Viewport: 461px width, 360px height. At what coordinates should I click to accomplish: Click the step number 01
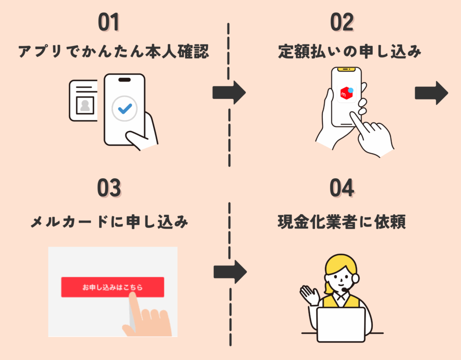click(x=108, y=23)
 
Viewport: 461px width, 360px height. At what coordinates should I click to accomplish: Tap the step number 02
click(x=342, y=23)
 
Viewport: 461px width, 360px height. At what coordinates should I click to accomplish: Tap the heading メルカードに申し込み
click(x=109, y=222)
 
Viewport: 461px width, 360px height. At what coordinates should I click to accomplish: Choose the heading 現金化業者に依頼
click(x=342, y=222)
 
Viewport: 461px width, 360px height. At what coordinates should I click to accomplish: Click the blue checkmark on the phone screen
click(x=125, y=108)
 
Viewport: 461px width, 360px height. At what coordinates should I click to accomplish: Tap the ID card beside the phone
click(x=84, y=100)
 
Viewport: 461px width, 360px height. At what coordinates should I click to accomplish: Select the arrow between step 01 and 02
click(x=229, y=93)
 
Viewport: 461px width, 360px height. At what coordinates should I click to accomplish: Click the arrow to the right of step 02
click(x=431, y=93)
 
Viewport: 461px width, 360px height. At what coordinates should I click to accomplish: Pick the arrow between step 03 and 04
click(x=230, y=271)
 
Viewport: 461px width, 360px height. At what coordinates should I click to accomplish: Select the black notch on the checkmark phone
click(x=124, y=79)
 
